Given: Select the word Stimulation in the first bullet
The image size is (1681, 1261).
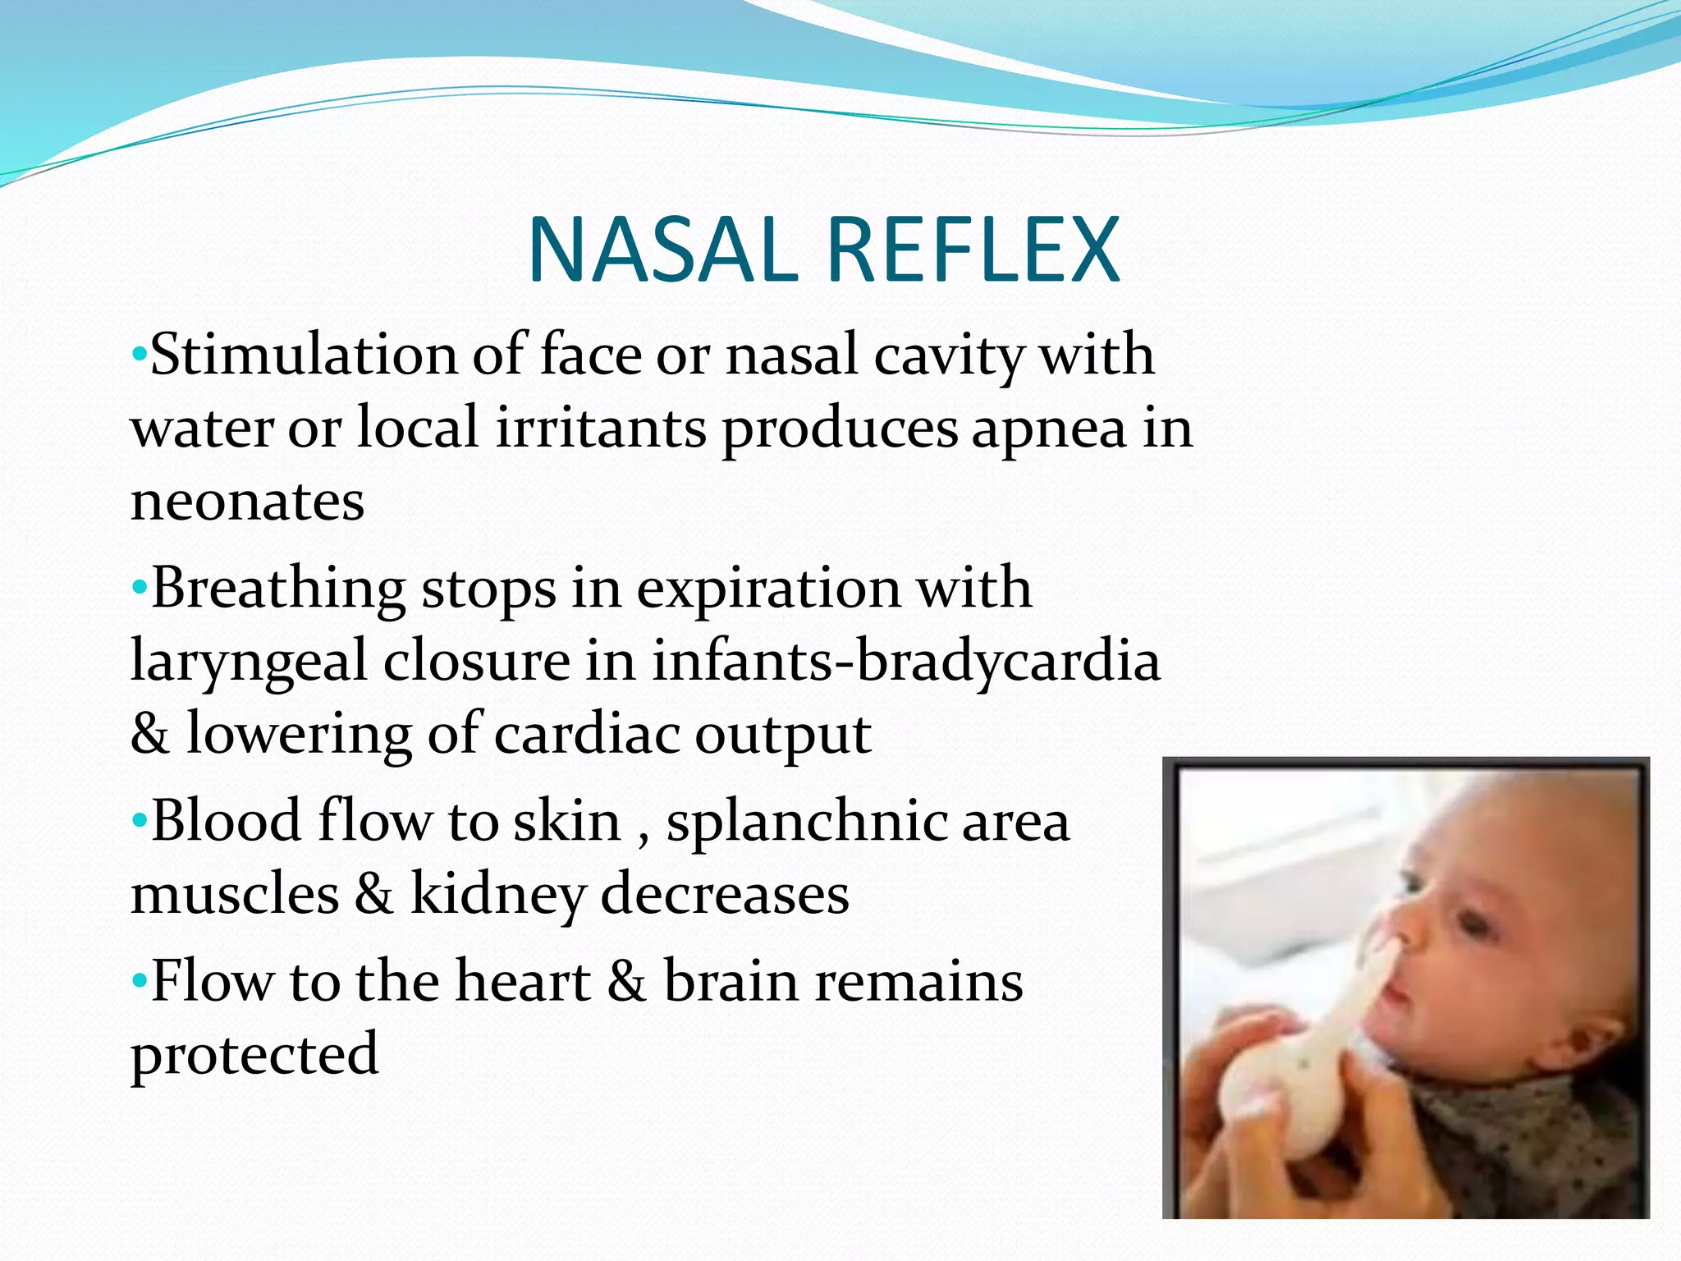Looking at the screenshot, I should point(304,355).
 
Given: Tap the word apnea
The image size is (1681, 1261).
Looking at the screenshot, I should point(1049,430).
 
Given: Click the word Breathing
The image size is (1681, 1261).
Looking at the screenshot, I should point(279,589).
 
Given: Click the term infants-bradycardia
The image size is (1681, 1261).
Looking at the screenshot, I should point(906,661).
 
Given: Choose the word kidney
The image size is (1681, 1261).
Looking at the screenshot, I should point(497,895).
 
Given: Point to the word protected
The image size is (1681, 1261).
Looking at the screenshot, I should point(254,1055).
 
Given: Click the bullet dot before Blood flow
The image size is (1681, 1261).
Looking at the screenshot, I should point(140,819).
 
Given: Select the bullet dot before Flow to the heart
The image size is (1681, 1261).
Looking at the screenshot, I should point(140,979).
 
